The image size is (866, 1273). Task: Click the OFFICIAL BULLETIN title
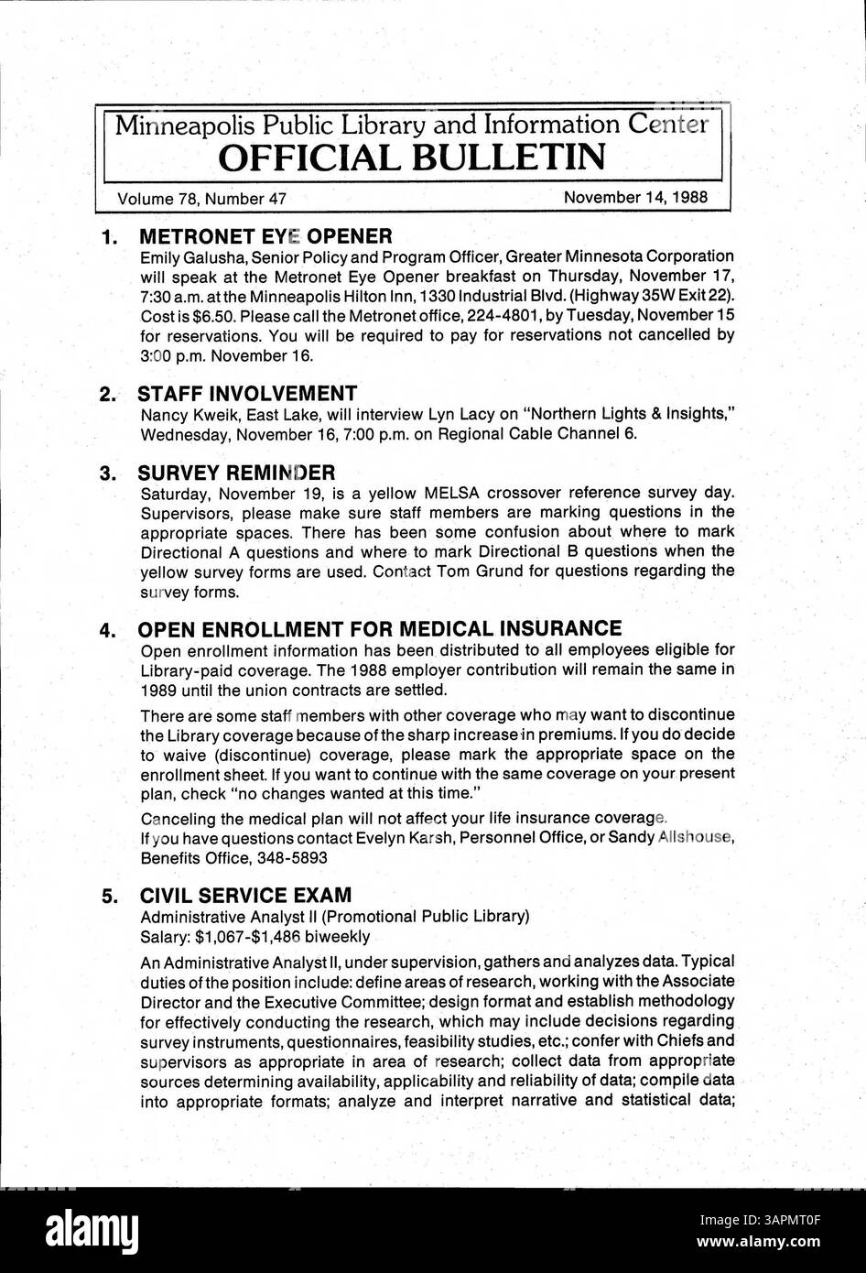click(411, 157)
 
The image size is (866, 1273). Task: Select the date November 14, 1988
click(634, 198)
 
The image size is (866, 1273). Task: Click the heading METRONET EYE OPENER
click(265, 235)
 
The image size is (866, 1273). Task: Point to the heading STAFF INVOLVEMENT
click(247, 394)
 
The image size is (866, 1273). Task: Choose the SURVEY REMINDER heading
click(236, 473)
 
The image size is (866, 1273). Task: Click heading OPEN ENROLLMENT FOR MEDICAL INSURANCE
click(379, 628)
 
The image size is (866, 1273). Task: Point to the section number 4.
click(107, 630)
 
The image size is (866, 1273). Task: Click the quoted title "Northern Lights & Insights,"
click(628, 414)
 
